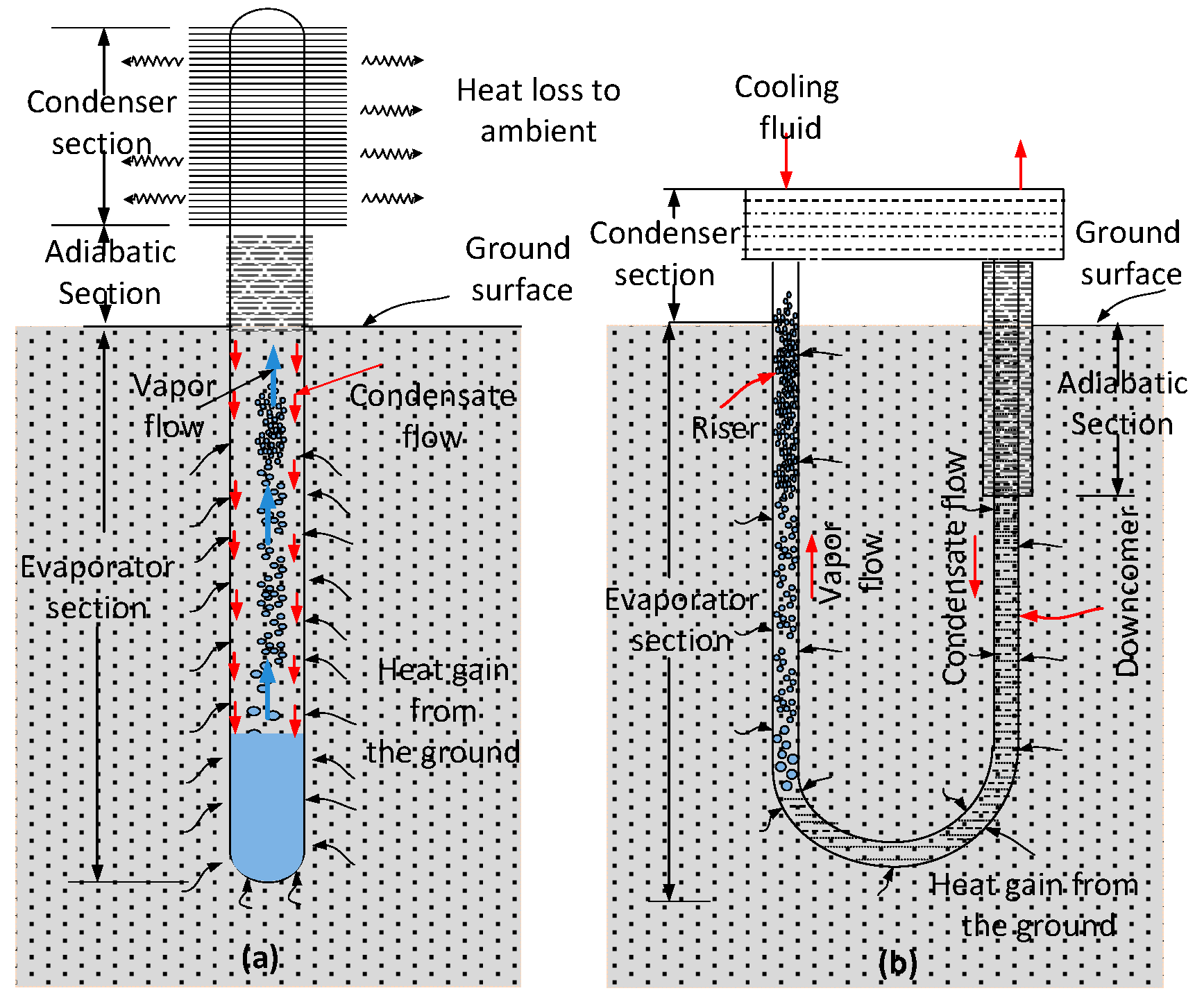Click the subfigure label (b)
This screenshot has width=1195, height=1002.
897,962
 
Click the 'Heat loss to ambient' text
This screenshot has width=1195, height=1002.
538,110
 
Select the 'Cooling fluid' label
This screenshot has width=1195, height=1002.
788,107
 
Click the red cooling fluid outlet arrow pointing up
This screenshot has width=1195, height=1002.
1020,164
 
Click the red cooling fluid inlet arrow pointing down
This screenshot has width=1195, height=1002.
786,163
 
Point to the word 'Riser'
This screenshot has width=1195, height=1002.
726,428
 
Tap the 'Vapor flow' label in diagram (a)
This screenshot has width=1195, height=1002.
173,406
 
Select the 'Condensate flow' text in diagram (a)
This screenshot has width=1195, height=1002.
432,416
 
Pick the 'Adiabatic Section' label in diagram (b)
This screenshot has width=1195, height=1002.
1121,403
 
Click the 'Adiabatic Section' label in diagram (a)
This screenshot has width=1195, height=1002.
110,272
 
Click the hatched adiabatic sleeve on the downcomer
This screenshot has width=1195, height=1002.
1007,378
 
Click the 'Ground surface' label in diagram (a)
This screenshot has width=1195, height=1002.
520,269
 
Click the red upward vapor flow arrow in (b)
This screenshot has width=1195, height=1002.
812,566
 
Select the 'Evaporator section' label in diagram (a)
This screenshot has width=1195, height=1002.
97,587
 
